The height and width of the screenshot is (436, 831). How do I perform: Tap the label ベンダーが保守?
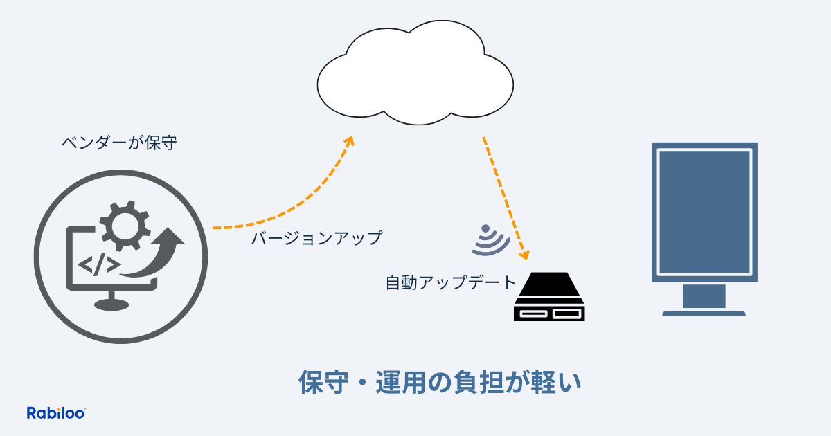pos(119,144)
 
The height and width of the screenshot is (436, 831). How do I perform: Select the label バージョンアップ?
pos(316,238)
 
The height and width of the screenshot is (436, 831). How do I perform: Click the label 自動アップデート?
pos(451,282)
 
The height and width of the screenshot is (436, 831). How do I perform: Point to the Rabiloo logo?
pos(55,413)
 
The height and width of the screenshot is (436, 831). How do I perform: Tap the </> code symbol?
pos(100,264)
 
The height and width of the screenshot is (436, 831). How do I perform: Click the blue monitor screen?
pos(704,212)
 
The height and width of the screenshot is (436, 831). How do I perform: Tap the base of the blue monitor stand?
pos(704,313)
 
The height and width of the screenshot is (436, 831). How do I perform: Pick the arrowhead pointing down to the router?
pos(524,253)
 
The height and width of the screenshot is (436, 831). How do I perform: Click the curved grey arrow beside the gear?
pos(161,253)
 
